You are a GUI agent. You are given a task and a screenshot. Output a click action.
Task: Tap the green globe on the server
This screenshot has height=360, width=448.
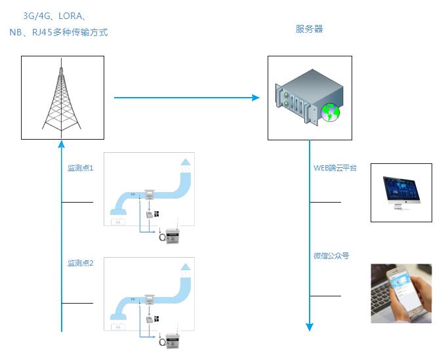tap(330, 113)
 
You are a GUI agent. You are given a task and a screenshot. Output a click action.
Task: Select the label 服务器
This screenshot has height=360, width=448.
tap(309, 29)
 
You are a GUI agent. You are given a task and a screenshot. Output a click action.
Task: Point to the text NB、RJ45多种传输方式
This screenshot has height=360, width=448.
tap(58, 31)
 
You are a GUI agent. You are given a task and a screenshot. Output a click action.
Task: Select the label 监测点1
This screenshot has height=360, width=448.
tap(81, 168)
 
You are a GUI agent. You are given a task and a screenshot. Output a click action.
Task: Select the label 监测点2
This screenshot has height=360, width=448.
tap(81, 263)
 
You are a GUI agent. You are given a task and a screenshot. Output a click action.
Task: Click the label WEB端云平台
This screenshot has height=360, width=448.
tap(335, 169)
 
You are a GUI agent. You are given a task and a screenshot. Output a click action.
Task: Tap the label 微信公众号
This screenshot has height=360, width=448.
tap(331, 256)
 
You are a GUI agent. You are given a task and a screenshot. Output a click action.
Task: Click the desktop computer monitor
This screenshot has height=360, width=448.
tap(401, 191)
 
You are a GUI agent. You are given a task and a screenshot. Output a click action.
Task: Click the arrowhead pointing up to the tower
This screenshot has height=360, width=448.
tap(62, 145)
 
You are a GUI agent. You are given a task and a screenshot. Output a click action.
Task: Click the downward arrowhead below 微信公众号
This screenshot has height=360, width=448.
tap(310, 326)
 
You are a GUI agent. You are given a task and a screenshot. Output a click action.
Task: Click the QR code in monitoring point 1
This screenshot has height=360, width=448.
tap(157, 214)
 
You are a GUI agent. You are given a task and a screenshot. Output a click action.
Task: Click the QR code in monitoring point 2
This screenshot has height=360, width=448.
tap(157, 318)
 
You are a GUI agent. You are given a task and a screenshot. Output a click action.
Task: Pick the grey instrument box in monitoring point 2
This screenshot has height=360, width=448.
tap(173, 339)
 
